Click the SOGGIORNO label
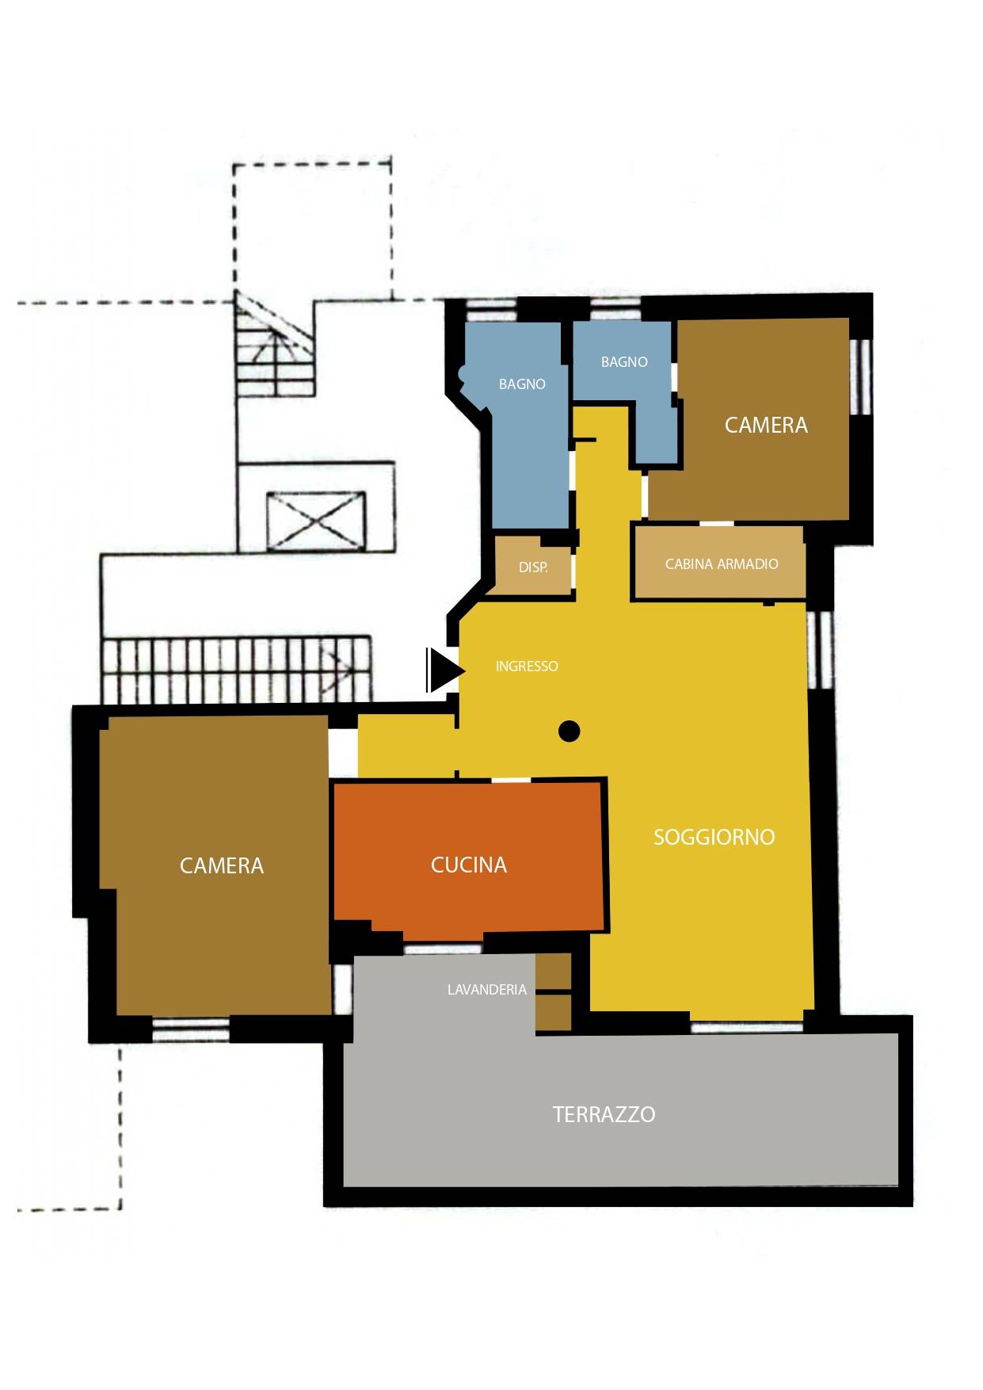pyautogui.click(x=714, y=837)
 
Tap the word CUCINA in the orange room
pyautogui.click(x=469, y=865)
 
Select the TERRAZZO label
pyautogui.click(x=604, y=1114)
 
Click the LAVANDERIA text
pyautogui.click(x=486, y=989)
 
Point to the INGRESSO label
pyautogui.click(x=527, y=666)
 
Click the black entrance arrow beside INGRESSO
pyautogui.click(x=445, y=670)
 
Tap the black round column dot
pyautogui.click(x=569, y=731)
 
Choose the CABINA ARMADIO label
pyautogui.click(x=722, y=564)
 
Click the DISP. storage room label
pyautogui.click(x=533, y=567)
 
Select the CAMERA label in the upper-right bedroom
pyautogui.click(x=766, y=425)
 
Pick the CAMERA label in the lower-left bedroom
pyautogui.click(x=222, y=865)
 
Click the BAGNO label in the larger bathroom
pyautogui.click(x=522, y=384)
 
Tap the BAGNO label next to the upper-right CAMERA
pyautogui.click(x=624, y=362)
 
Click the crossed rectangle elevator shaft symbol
pyautogui.click(x=316, y=521)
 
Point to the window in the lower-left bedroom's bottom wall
pyautogui.click(x=190, y=1029)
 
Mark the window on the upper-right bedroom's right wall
pyautogui.click(x=860, y=377)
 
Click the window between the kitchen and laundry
pyautogui.click(x=443, y=949)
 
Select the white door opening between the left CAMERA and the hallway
pyautogui.click(x=343, y=753)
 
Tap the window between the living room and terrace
pyautogui.click(x=747, y=1027)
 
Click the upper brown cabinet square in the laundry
pyautogui.click(x=554, y=972)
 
